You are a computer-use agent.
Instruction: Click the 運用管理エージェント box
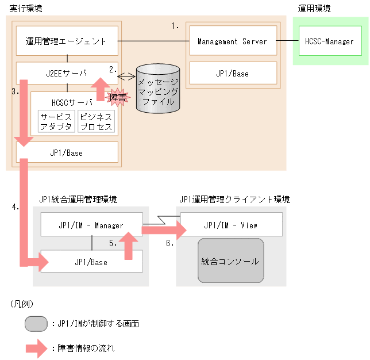click(67, 41)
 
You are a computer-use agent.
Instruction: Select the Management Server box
click(233, 41)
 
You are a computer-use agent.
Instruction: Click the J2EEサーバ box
click(67, 73)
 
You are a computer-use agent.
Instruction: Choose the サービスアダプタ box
click(56, 122)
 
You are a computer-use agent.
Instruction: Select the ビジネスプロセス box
click(96, 122)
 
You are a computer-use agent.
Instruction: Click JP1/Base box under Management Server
click(233, 73)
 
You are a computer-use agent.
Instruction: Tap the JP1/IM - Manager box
click(91, 225)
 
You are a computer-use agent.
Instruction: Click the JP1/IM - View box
click(232, 225)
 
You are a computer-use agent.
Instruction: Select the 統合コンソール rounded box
click(230, 261)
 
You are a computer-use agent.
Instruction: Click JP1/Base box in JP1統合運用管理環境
click(91, 262)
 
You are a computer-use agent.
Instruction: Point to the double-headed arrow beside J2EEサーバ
click(126, 76)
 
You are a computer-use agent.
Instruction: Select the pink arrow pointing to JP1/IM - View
click(164, 230)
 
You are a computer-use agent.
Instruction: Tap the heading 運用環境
click(314, 9)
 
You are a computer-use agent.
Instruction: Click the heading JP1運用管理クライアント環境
click(234, 200)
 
